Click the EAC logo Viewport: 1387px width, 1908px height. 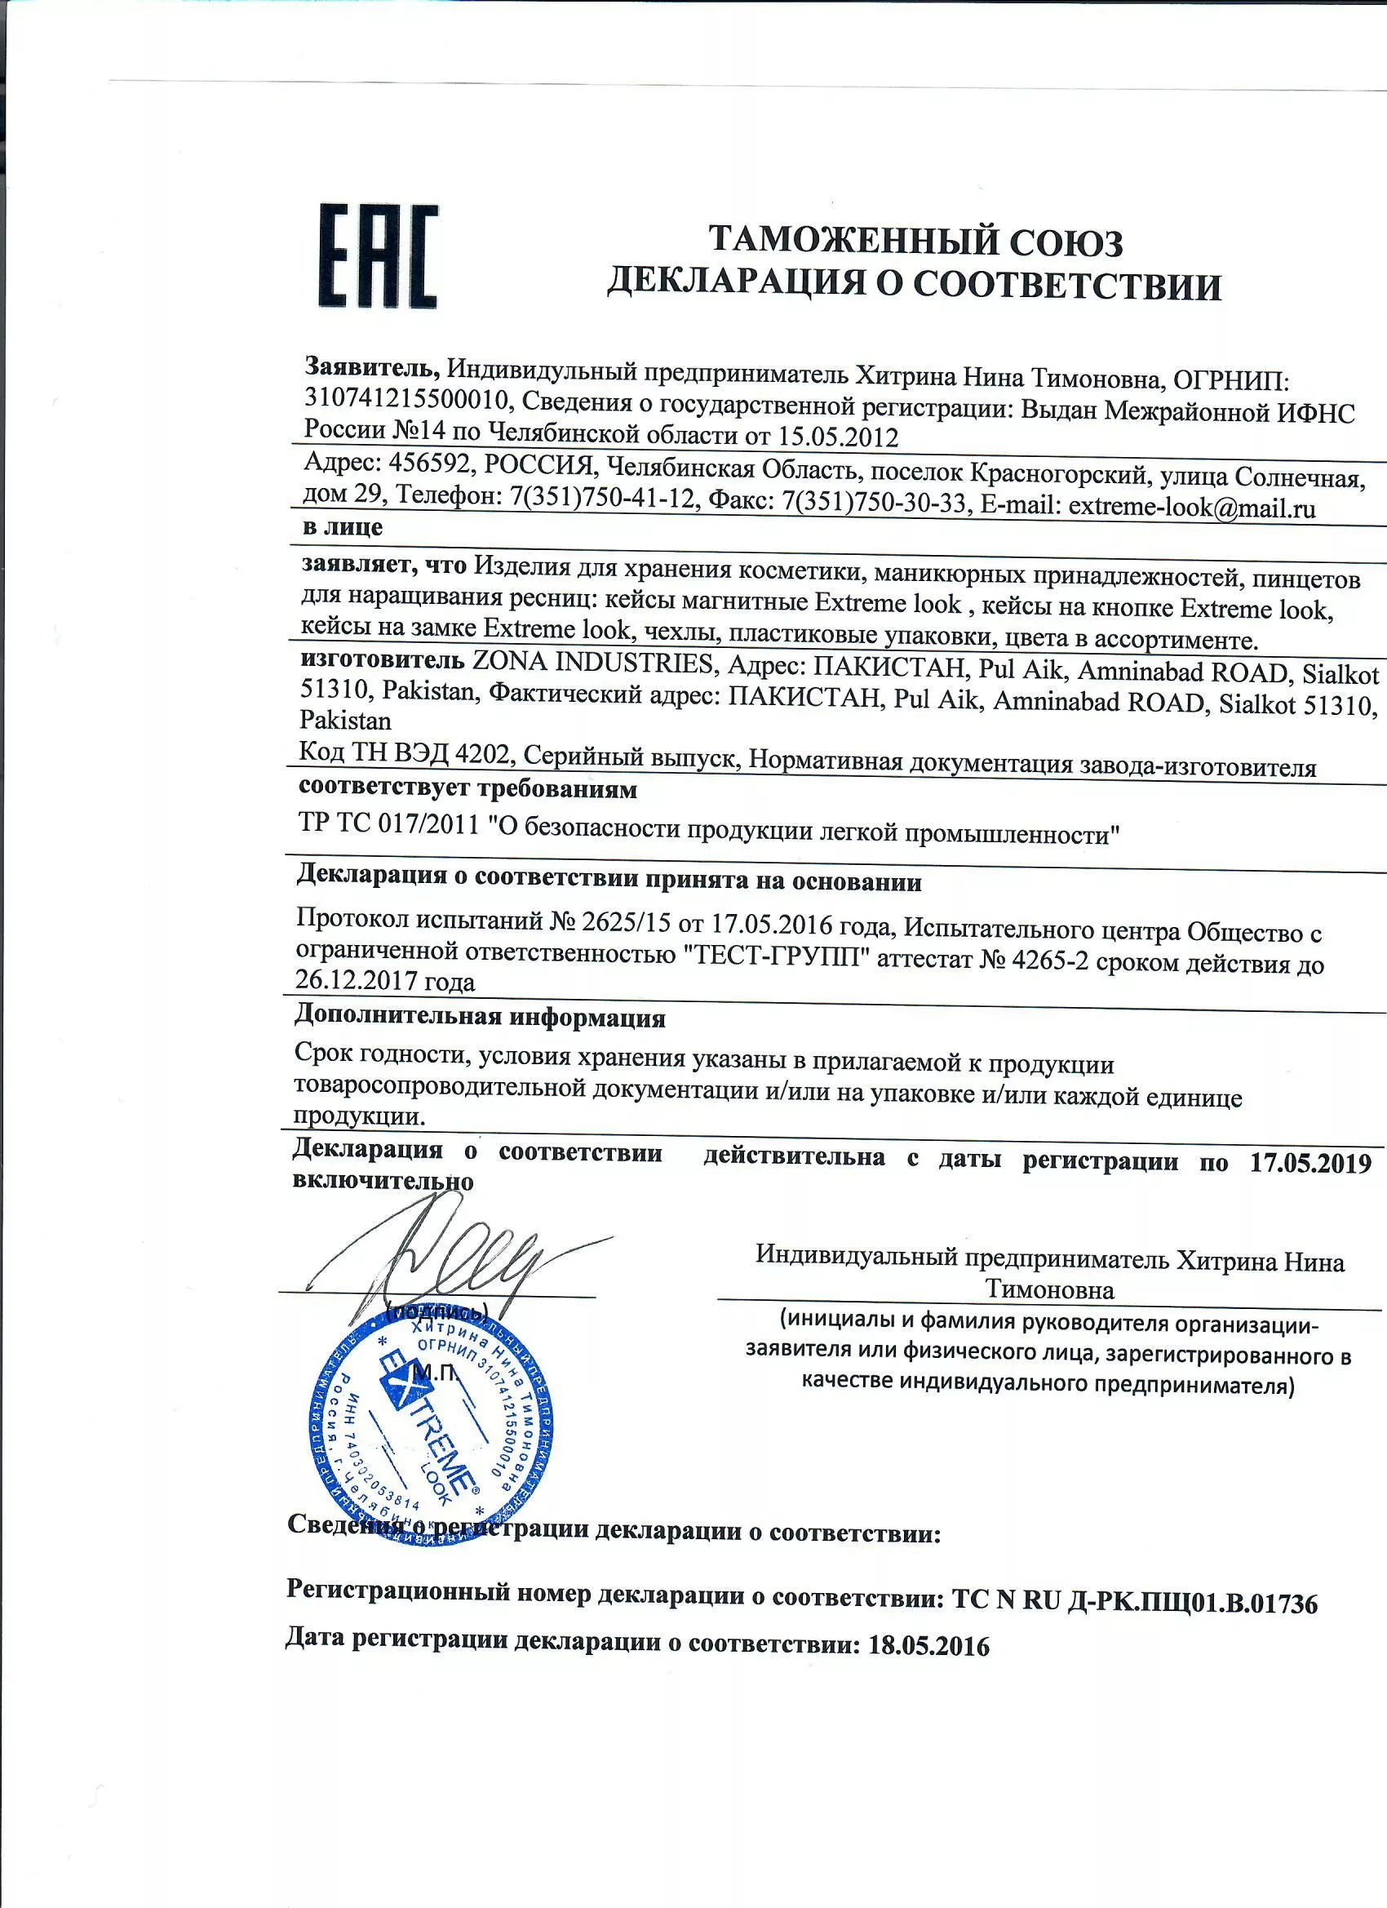[378, 255]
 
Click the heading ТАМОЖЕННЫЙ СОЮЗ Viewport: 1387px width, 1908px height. [915, 242]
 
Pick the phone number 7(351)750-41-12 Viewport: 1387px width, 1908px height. [603, 498]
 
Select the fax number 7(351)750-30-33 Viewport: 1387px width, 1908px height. [874, 503]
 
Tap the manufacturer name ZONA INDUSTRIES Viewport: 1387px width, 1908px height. [593, 663]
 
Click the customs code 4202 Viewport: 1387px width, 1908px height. [482, 754]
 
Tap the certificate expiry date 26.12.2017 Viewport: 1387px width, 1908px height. [357, 980]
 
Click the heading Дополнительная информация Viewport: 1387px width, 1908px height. [480, 1017]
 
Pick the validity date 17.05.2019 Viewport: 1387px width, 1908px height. [1310, 1163]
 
